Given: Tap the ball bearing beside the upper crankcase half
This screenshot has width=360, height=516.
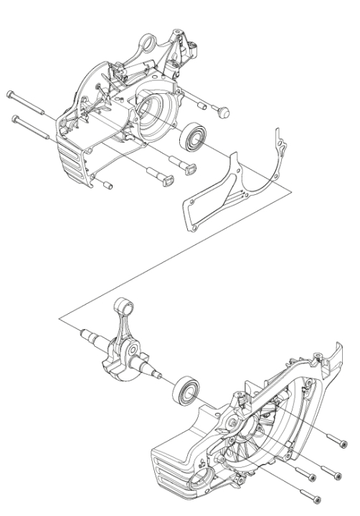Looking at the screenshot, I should (x=194, y=135).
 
